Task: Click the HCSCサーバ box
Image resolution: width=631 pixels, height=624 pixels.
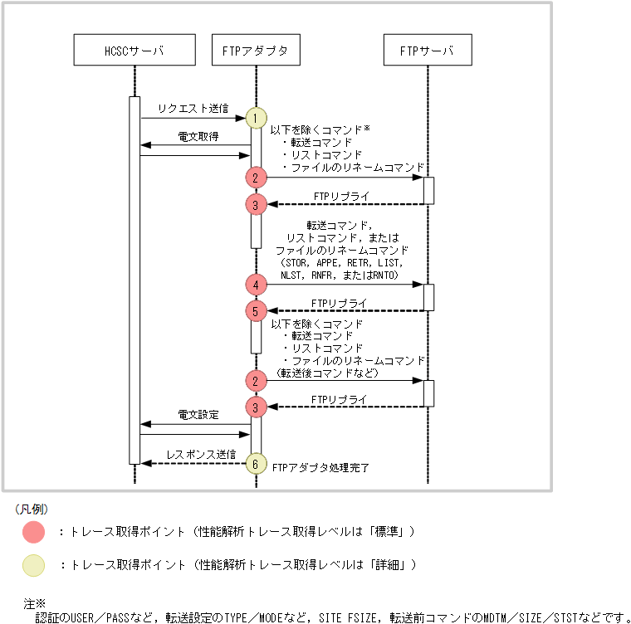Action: click(135, 50)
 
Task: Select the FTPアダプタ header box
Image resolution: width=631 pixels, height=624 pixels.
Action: click(256, 50)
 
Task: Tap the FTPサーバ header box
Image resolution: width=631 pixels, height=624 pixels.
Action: click(428, 50)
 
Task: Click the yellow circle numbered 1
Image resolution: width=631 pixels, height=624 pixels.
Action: click(256, 118)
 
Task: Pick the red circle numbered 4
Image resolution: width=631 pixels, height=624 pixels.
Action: click(256, 285)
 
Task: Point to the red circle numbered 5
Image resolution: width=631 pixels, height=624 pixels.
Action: click(256, 310)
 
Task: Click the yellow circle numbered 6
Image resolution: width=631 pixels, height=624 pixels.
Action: click(256, 463)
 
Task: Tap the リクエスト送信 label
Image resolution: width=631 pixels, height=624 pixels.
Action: click(193, 109)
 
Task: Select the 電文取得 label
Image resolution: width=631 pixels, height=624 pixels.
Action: click(198, 136)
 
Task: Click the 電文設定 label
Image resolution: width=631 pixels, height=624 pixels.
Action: click(198, 414)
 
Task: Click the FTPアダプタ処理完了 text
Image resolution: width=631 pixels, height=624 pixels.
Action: click(321, 468)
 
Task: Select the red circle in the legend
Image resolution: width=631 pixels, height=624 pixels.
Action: click(34, 531)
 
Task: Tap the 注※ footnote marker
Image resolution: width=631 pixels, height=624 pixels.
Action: click(34, 604)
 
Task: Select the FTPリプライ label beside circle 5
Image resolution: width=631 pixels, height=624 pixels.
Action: click(339, 303)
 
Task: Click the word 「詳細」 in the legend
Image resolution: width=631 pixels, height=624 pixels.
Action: click(388, 565)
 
